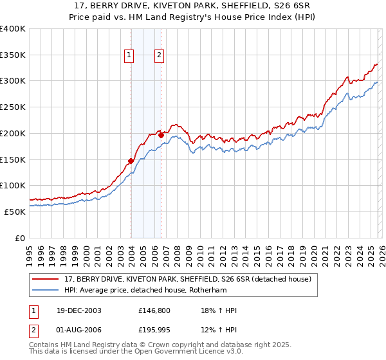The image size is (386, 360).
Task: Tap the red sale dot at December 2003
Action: [131, 161]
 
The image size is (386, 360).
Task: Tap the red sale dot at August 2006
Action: [161, 135]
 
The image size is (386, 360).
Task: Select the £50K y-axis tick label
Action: [15, 212]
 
